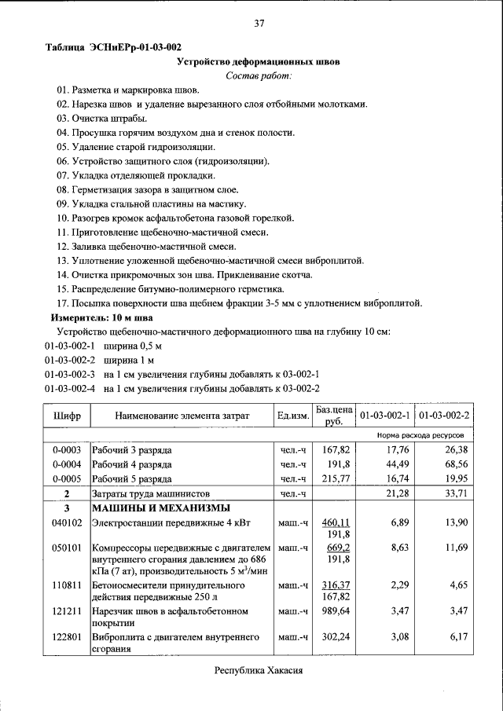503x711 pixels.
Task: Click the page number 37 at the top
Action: pyautogui.click(x=259, y=24)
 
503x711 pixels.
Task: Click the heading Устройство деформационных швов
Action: pyautogui.click(x=259, y=61)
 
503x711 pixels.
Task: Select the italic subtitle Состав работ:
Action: pyautogui.click(x=259, y=75)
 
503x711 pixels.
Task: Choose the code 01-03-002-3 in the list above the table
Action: pyautogui.click(x=69, y=374)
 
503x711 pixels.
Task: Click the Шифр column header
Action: pyautogui.click(x=67, y=415)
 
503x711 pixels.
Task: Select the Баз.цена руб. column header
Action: pyautogui.click(x=334, y=415)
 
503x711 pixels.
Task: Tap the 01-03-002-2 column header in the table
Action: pyautogui.click(x=443, y=415)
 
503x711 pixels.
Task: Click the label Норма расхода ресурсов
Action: pyautogui.click(x=420, y=434)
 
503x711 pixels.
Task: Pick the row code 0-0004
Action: pyautogui.click(x=67, y=464)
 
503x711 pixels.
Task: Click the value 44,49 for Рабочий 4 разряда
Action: pyautogui.click(x=395, y=464)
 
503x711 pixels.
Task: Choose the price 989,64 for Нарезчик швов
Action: pyautogui.click(x=335, y=609)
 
